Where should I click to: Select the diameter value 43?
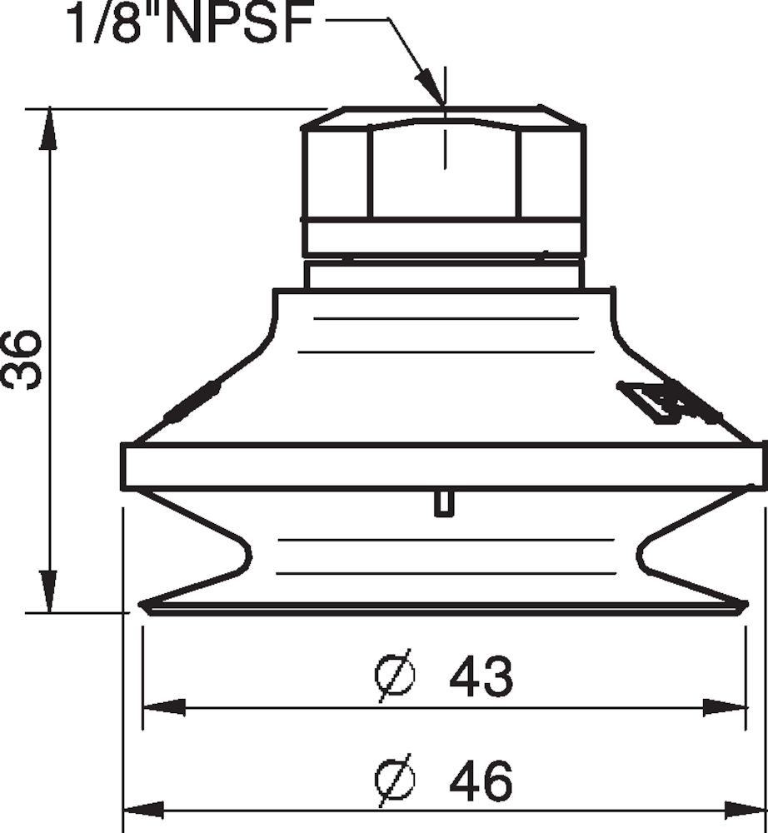click(x=481, y=677)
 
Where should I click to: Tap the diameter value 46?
click(x=481, y=781)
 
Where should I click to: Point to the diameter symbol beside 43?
click(x=393, y=677)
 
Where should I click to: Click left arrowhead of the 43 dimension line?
click(x=162, y=708)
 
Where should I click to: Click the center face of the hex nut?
click(x=443, y=171)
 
